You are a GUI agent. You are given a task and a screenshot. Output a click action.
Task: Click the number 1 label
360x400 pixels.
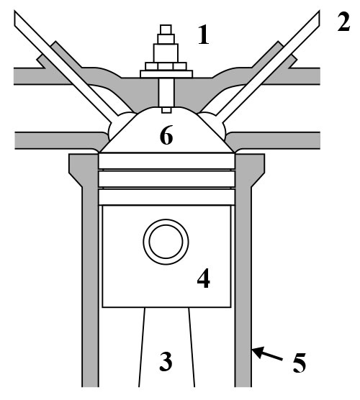click(x=204, y=35)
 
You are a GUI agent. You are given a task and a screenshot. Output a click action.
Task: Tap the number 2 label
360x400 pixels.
click(x=343, y=22)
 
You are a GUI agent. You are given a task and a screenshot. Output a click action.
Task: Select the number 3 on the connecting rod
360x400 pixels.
click(x=166, y=361)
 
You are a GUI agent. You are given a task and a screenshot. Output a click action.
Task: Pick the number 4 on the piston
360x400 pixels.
click(x=204, y=278)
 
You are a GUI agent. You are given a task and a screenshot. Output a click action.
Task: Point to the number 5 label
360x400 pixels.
click(x=300, y=363)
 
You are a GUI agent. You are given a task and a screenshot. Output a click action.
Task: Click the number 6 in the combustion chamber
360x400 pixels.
click(x=166, y=135)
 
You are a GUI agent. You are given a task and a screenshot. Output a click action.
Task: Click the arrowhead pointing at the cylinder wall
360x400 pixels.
click(x=257, y=353)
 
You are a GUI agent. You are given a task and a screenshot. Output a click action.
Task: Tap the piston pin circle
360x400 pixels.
click(x=166, y=242)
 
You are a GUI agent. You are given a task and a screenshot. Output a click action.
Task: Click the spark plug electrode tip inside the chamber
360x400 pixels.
click(x=166, y=110)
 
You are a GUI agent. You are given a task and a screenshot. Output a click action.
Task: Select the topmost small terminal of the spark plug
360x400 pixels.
click(x=166, y=29)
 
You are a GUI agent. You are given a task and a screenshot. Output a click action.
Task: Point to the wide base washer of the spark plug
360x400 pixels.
click(x=166, y=74)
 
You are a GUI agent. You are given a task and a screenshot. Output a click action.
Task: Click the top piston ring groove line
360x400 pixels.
click(x=166, y=170)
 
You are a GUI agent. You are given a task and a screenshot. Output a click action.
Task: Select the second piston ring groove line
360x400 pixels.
click(x=166, y=188)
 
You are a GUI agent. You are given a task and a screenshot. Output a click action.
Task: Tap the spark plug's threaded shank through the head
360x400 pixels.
click(x=166, y=92)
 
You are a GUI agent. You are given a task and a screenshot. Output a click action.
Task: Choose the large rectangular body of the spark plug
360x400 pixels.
click(x=166, y=53)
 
